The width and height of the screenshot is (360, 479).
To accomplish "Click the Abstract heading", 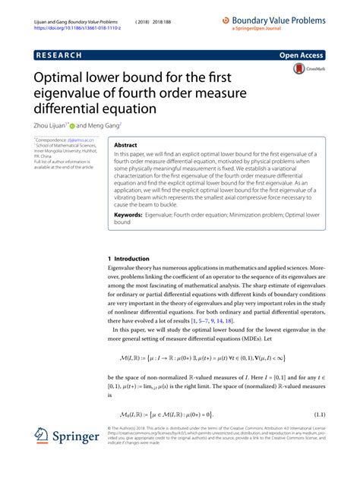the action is tap(125, 143).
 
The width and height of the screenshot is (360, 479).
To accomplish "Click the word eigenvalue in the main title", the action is tap(68, 93).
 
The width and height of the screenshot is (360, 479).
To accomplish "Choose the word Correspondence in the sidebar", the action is tap(50, 141).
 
